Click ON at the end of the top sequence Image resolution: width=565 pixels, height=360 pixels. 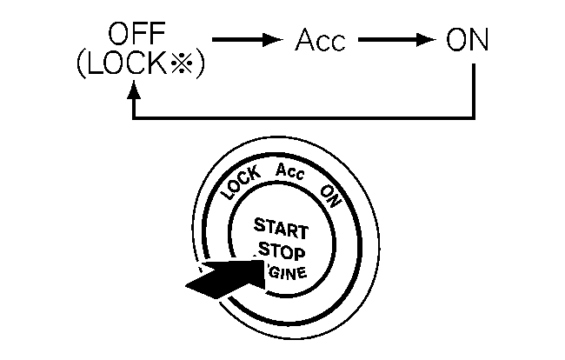click(466, 41)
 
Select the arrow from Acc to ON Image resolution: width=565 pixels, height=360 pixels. click(395, 41)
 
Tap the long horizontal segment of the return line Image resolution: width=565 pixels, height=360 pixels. click(304, 117)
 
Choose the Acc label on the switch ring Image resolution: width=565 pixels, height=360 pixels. click(289, 171)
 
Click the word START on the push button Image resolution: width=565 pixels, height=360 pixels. click(280, 230)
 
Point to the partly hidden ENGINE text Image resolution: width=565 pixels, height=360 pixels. click(289, 277)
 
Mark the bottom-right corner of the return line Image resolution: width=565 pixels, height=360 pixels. click(475, 117)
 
